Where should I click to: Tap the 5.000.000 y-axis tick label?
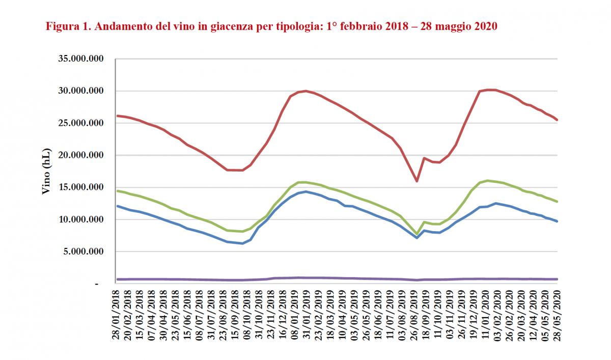(85, 252)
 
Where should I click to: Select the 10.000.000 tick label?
(82, 219)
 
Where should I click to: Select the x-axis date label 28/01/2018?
(116, 316)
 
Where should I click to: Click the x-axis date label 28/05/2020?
(557, 316)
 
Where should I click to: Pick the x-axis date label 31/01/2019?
(305, 316)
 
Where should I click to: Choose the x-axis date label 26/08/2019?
(417, 316)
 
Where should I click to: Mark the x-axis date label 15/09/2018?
(232, 316)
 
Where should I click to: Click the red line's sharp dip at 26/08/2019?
(416, 181)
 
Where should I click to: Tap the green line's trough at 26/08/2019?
(416, 234)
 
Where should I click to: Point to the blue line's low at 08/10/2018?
(243, 243)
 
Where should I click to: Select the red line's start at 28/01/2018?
(118, 116)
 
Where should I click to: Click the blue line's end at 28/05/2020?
(557, 221)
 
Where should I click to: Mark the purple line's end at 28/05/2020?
(557, 279)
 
